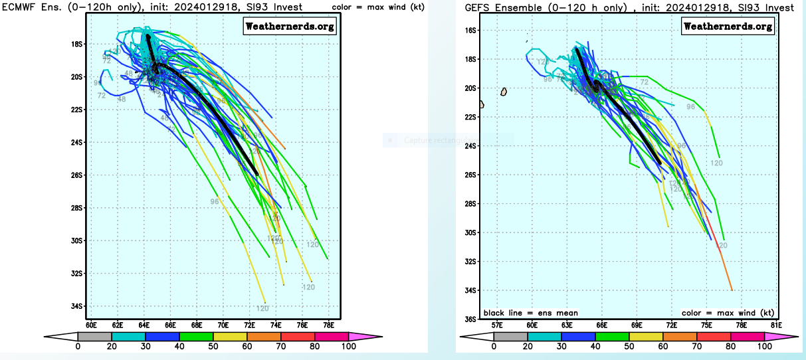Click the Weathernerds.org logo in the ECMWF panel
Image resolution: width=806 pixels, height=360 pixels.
290,27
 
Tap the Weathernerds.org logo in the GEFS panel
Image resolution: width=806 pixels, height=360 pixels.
728,27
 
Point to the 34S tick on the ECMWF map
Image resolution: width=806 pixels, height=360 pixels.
78,306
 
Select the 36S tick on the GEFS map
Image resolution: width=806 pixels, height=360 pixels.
470,319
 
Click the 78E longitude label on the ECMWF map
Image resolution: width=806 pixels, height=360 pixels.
328,325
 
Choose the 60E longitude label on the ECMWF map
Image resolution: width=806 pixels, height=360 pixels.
92,325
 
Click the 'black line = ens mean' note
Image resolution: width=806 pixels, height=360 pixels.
530,313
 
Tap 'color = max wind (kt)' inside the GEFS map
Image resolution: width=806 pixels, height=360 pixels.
728,313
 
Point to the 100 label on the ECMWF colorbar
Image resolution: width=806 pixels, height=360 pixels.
349,347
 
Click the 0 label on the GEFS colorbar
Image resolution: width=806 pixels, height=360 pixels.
494,347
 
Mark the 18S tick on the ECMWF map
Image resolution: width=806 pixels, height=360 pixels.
78,45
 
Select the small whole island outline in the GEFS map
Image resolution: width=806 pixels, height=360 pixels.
504,91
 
